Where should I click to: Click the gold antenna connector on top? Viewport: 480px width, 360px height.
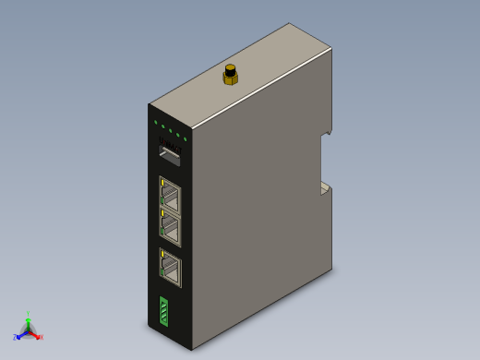[230, 75]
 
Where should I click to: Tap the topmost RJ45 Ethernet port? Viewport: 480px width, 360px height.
[171, 197]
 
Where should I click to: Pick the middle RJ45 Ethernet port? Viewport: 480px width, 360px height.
[171, 228]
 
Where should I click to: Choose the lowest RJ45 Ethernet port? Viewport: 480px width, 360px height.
[171, 269]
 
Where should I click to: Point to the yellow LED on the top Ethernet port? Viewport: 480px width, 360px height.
[162, 184]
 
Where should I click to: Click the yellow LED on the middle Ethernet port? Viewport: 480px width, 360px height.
[162, 215]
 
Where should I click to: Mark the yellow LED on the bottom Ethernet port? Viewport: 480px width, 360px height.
[162, 255]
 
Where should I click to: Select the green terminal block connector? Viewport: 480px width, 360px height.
[164, 312]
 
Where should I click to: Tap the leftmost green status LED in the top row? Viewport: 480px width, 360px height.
[155, 121]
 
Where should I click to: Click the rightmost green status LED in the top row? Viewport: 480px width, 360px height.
[186, 138]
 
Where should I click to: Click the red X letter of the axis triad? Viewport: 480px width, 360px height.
[41, 337]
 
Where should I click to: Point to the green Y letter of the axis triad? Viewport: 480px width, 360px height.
[28, 315]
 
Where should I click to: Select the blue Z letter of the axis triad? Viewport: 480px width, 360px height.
[15, 337]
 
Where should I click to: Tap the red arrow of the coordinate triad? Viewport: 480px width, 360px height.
[35, 334]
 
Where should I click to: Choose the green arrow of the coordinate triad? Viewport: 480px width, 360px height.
[28, 322]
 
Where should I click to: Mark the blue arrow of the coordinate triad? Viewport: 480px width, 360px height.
[20, 334]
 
